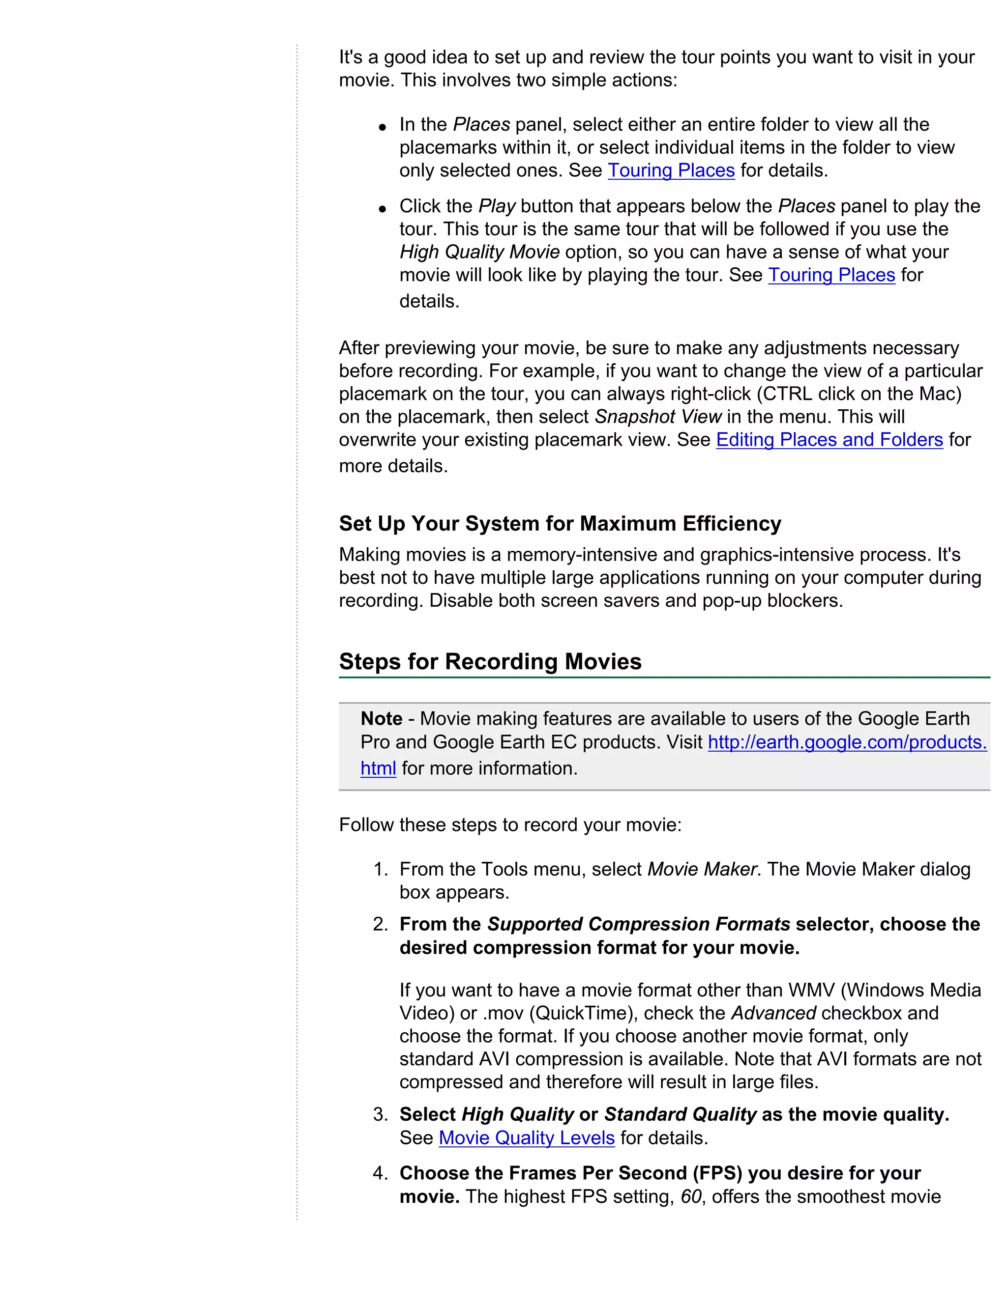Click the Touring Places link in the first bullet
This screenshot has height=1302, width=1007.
point(671,170)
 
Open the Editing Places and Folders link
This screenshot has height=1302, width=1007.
point(829,439)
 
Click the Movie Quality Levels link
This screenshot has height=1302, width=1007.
point(526,1137)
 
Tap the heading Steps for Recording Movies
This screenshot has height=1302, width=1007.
point(490,662)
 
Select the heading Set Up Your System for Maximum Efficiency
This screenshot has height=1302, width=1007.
point(560,523)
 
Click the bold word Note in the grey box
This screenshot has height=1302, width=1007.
point(381,718)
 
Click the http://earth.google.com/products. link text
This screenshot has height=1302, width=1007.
point(847,742)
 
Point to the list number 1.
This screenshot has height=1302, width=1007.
point(380,869)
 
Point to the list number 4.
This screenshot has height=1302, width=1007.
point(380,1173)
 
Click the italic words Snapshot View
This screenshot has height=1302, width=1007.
point(658,417)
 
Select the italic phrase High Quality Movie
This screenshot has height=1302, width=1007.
point(479,252)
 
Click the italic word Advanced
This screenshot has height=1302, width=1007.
point(773,1013)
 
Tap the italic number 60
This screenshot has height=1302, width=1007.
point(691,1196)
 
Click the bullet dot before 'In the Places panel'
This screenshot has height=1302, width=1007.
point(383,127)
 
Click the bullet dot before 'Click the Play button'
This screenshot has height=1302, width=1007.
point(383,209)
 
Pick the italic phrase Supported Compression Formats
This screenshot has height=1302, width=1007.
point(638,924)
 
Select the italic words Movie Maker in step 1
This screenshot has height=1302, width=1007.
point(702,869)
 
